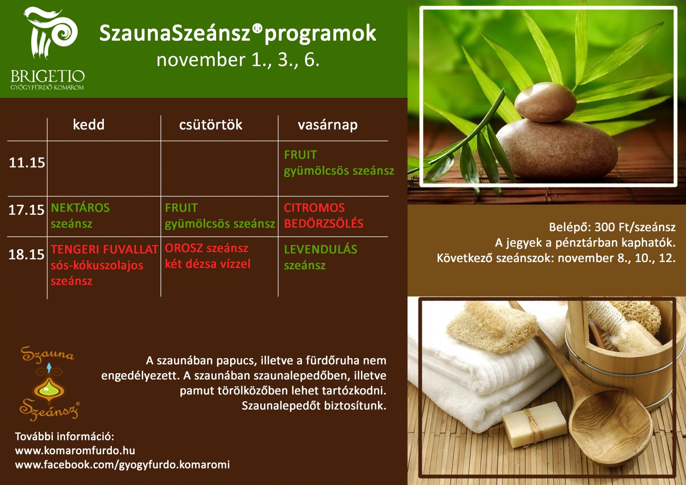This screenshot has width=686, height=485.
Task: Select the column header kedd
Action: coord(88,125)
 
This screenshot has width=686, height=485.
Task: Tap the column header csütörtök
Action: coord(211,125)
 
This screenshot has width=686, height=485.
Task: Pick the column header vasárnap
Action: coord(328,125)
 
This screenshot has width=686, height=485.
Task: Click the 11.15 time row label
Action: coord(27,163)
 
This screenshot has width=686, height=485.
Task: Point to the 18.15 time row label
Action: coord(27,254)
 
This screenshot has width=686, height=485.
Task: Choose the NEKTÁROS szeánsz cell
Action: coord(80,216)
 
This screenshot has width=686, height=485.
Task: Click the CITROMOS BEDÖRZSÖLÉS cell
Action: coord(323,216)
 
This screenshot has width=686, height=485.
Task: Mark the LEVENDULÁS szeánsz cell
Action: coord(320,257)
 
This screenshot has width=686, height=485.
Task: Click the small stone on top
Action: coord(545,102)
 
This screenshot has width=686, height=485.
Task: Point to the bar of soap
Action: coord(535,425)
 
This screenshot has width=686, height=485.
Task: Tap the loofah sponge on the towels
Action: coord(492,326)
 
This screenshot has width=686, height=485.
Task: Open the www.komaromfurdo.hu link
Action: coord(75,450)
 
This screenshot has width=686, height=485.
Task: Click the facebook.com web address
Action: coord(123,465)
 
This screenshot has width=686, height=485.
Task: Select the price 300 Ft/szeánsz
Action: coord(635,227)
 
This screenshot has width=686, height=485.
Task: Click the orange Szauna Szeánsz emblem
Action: coord(49,383)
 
